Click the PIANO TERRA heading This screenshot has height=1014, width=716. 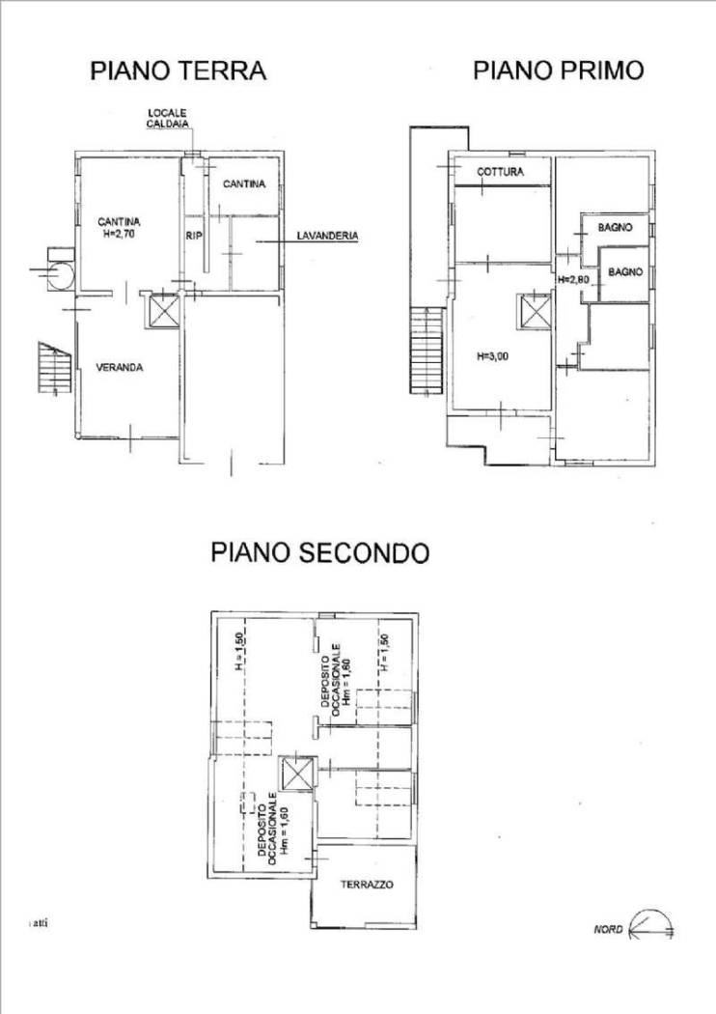click(179, 70)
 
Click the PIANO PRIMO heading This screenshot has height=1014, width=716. click(558, 70)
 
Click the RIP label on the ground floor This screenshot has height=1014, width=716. click(192, 235)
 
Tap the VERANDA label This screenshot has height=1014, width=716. click(121, 367)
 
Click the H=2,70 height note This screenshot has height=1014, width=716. click(121, 232)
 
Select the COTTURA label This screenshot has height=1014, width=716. click(500, 173)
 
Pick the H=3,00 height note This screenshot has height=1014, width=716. click(493, 355)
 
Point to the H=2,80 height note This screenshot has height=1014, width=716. click(573, 279)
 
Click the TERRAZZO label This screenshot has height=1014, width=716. click(366, 885)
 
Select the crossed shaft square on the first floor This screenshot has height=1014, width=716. click(534, 311)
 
